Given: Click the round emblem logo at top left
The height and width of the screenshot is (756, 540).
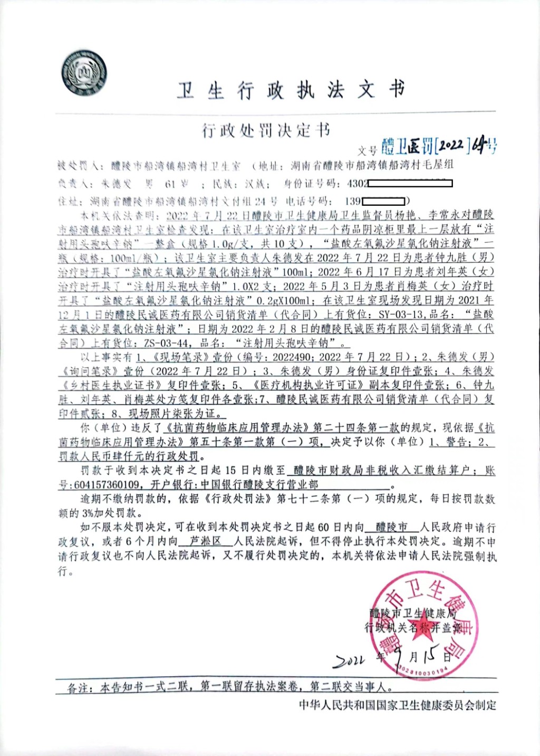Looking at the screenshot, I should click(x=84, y=73).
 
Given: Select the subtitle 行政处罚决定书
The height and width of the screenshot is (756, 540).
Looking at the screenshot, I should click(x=266, y=130).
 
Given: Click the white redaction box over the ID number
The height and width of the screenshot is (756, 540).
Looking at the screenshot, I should click(x=410, y=184).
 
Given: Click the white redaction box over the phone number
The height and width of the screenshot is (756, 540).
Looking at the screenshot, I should click(x=383, y=201).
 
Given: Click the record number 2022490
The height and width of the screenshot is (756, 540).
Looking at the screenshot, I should click(x=292, y=357).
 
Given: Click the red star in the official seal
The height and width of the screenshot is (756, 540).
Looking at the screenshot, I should click(x=423, y=621).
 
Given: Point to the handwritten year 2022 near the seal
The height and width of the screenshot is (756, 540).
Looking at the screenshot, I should click(x=349, y=660).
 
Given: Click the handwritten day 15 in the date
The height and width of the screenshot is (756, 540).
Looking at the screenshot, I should click(x=430, y=656).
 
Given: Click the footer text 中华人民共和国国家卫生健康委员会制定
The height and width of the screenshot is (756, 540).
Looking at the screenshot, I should click(x=397, y=705).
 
